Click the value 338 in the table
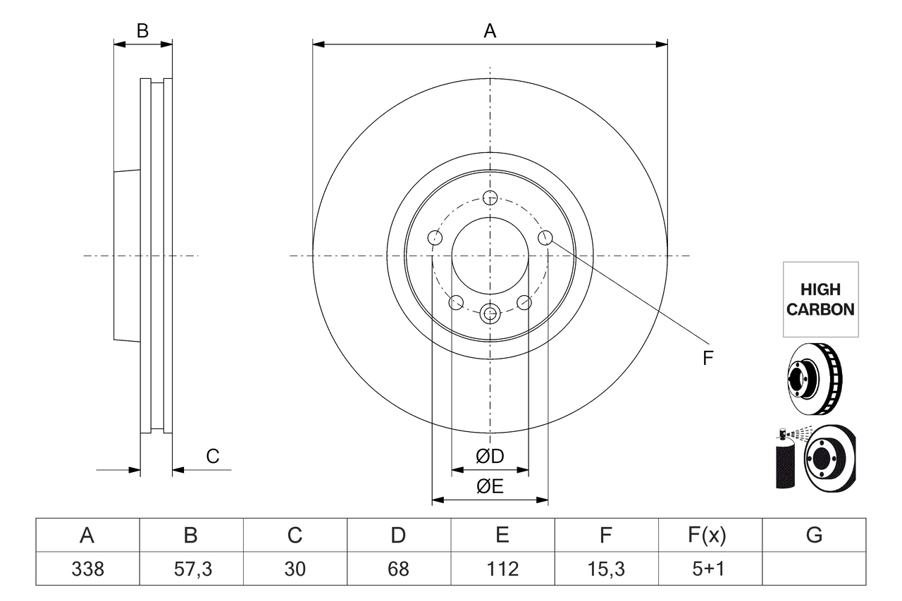tap(87, 569)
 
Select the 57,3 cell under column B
tap(191, 569)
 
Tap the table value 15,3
tap(605, 569)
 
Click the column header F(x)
tap(707, 535)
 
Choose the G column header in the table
tap(814, 535)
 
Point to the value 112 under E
tap(502, 569)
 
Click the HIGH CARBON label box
tap(820, 299)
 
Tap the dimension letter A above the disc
tap(490, 31)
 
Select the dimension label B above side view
tap(142, 31)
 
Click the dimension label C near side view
tap(213, 457)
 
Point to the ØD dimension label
tap(490, 457)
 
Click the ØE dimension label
tap(490, 487)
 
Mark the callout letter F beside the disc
tap(708, 358)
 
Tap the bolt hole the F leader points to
tap(545, 238)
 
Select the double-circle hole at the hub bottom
tap(490, 313)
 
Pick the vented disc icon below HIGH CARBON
tap(814, 378)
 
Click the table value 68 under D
tap(398, 569)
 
